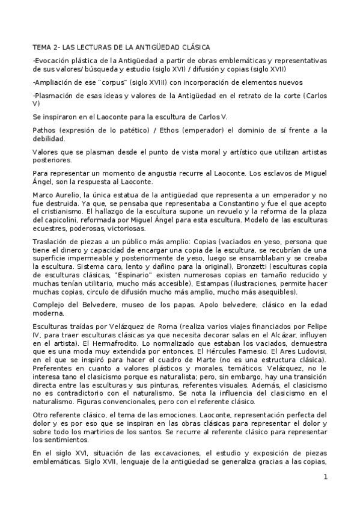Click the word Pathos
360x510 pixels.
pos(43,130)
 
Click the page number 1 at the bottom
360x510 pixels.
pos(325,478)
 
